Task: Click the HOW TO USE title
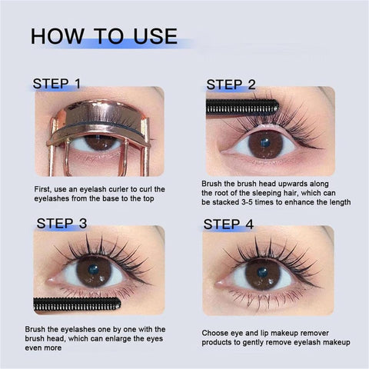point(104,37)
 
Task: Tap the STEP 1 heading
point(68,83)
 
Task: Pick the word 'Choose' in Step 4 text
point(216,332)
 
